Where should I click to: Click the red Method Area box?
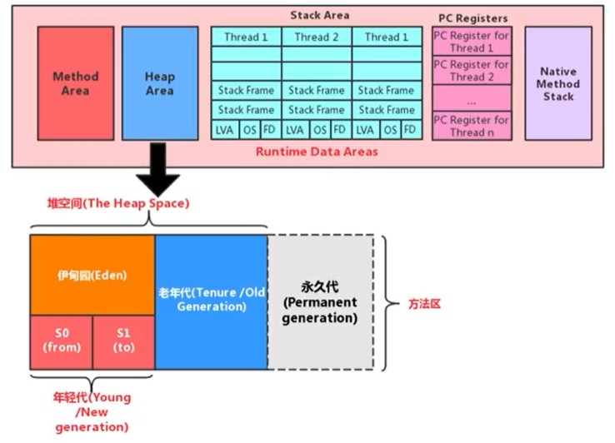point(76,83)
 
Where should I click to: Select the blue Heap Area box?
point(160,83)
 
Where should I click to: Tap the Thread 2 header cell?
point(317,37)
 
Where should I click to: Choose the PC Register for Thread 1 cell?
point(472,42)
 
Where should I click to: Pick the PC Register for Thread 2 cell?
point(472,70)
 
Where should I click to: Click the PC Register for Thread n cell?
point(472,126)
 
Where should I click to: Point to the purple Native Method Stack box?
point(558,83)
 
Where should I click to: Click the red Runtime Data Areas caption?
point(317,152)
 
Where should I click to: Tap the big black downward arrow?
point(158,169)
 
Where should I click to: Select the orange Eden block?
point(92,275)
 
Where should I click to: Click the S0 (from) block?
point(62,342)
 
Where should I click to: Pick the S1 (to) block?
point(123,342)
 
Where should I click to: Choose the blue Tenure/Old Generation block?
point(212,302)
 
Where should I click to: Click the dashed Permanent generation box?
point(321,302)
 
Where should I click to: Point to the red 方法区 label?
point(425,304)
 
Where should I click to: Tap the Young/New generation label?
point(92,411)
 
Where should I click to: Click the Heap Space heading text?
point(118,203)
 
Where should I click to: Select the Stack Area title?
point(320,15)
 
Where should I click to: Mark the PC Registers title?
point(473,18)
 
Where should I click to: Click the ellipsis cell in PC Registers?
point(472,98)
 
